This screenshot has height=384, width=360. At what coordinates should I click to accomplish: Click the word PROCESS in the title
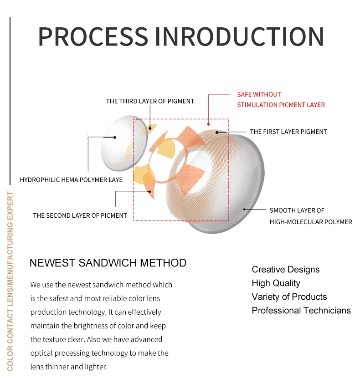pos(93,36)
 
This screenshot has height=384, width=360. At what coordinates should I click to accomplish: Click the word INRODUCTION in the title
pos(241,36)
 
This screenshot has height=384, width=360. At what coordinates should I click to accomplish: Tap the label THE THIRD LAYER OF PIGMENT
pos(150,101)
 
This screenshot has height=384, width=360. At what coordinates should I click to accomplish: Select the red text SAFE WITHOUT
pos(259,94)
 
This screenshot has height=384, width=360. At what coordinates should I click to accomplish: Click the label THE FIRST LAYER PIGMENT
pos(288,132)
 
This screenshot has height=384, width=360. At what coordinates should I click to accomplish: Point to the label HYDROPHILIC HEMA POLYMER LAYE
pos(71,179)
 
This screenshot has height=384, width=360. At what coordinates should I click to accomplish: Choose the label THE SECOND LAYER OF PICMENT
pos(80,215)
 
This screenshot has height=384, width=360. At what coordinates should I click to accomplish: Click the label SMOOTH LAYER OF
pos(297,210)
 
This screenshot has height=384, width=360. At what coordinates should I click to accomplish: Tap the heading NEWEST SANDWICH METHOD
pos(108,263)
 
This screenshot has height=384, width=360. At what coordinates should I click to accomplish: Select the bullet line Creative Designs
pos(286,269)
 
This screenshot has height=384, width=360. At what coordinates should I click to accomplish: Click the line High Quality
pos(276,283)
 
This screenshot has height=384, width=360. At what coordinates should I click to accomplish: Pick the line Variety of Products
pos(289,297)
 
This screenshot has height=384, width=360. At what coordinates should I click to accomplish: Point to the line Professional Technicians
pos(301,310)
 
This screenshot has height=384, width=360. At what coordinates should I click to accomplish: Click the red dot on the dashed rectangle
pos(208,123)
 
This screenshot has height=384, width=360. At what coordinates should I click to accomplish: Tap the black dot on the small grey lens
pos(115,137)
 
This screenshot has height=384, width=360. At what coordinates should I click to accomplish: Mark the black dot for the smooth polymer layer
pos(244,210)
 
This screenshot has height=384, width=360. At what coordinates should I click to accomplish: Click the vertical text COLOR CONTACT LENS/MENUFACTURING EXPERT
pos(10,281)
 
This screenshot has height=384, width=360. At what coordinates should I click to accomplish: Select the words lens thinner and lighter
pos(69,366)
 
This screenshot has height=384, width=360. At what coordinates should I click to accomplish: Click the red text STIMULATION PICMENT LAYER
pos(281,105)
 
